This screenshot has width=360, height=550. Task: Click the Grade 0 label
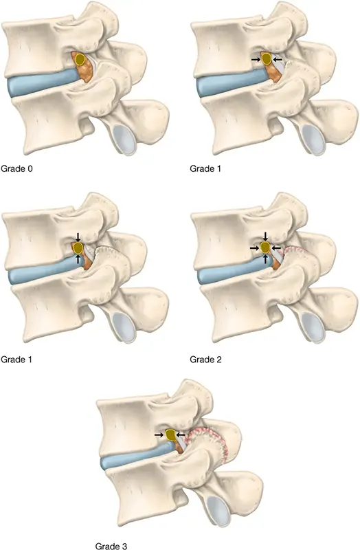tap(16, 168)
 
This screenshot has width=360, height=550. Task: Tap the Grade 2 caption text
tap(205, 359)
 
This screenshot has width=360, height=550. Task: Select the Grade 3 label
tap(111, 546)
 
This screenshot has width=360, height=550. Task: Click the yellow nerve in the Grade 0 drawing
tap(80, 59)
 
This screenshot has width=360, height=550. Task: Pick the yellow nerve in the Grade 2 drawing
tap(265, 247)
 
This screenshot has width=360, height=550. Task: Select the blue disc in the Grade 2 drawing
tap(233, 272)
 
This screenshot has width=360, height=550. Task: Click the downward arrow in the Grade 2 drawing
tap(265, 236)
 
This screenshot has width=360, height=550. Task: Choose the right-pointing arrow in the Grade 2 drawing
tap(255, 247)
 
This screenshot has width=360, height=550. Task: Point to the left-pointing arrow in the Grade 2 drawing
tap(277, 247)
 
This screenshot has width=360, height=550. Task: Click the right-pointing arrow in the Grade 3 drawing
tap(159, 434)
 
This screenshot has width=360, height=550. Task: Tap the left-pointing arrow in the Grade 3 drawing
tap(181, 434)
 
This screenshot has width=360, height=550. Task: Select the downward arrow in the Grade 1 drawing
tap(78, 236)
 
